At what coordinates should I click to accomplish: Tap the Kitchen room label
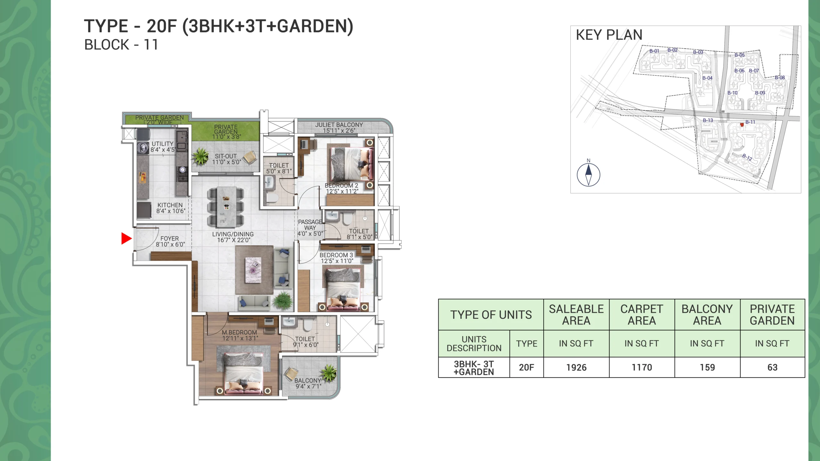[170, 205]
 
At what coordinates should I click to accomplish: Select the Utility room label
[162, 144]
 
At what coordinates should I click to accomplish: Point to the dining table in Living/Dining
[226, 207]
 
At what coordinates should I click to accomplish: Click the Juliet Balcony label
[339, 125]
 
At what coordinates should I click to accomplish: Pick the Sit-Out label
[226, 156]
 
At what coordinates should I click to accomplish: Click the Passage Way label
[310, 225]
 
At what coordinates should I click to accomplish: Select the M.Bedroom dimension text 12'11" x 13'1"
[240, 338]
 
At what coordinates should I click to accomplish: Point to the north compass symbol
[588, 175]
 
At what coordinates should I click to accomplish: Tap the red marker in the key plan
[742, 125]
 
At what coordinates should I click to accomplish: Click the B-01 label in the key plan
[654, 51]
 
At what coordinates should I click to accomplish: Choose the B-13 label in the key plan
[708, 120]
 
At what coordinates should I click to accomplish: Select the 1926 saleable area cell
[576, 368]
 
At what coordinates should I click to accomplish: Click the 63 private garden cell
[772, 368]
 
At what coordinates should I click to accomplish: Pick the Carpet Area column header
[642, 315]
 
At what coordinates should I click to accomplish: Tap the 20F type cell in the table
[527, 368]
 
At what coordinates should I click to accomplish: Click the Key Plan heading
[609, 35]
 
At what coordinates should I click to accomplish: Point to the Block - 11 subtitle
[121, 45]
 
